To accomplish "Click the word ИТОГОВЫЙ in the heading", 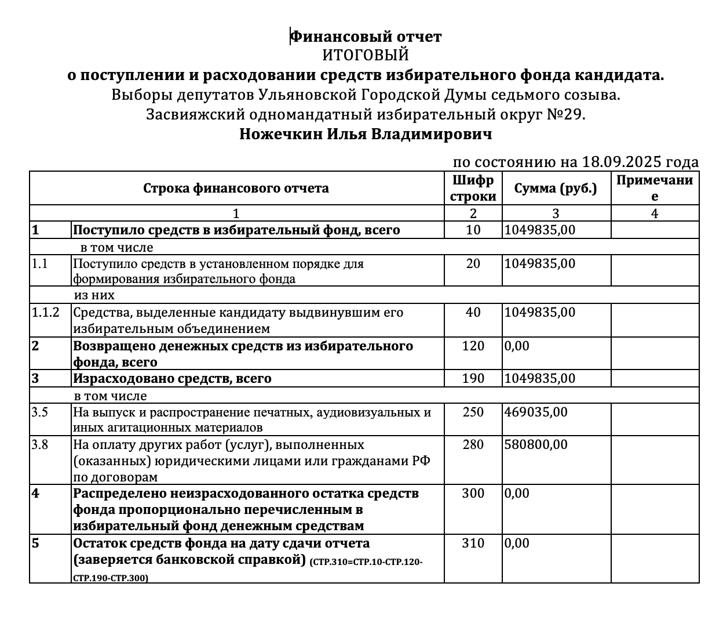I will [366, 56].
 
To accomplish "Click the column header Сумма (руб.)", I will [556, 188].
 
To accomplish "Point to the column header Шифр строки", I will [473, 188].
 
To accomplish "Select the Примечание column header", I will [655, 188].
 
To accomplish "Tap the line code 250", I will [473, 412].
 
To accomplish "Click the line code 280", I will [473, 445].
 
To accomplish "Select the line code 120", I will [473, 346].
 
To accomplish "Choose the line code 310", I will [473, 544].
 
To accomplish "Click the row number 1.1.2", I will [45, 313].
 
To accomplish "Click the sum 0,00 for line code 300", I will [517, 494].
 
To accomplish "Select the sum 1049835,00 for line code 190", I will [540, 379].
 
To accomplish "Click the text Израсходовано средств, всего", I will [172, 379].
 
